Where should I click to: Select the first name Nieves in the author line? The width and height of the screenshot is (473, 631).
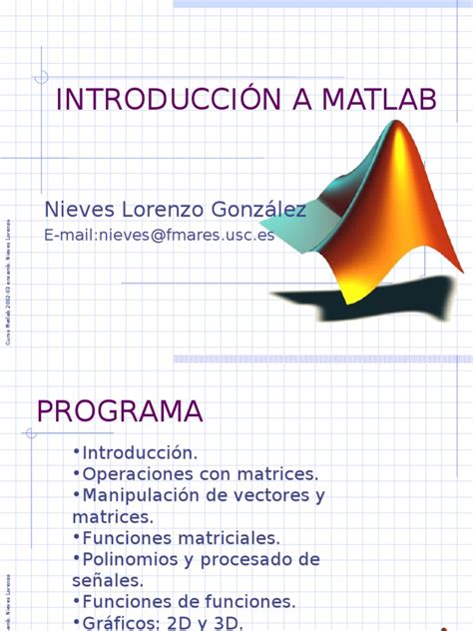click(76, 210)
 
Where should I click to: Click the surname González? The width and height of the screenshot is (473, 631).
click(253, 210)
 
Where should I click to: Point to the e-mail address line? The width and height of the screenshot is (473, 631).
click(159, 235)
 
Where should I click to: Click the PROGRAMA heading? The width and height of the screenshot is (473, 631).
click(120, 410)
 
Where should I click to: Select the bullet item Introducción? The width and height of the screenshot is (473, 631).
click(140, 452)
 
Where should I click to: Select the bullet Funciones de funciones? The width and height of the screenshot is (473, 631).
click(185, 601)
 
